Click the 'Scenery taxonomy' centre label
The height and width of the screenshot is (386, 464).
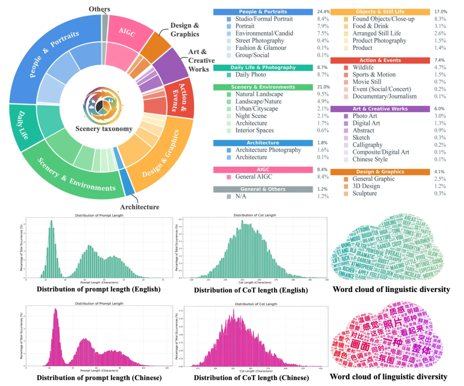point(104,128)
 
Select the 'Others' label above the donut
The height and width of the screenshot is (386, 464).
point(99,9)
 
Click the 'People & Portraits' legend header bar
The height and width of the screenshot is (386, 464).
point(263,12)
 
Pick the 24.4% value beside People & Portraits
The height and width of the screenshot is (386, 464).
point(323,12)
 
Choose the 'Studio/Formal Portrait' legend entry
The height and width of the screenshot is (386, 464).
point(264,19)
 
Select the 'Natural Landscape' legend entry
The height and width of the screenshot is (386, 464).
point(259,94)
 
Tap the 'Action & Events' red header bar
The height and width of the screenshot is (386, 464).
point(380,61)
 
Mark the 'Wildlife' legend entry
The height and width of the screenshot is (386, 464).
point(363,67)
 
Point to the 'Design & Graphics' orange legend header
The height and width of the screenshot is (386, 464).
point(380,172)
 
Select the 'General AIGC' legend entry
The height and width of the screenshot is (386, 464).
point(253,177)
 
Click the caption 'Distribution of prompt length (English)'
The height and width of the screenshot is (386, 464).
point(98,289)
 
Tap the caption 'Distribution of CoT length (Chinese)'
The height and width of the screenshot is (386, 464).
point(251,378)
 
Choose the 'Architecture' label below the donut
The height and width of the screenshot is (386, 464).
point(140,207)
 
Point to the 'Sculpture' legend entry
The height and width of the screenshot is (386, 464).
point(365,193)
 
